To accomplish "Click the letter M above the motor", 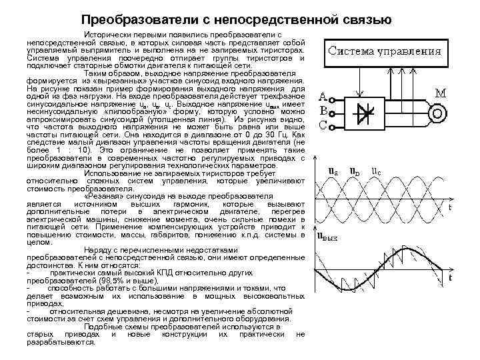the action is (440, 92).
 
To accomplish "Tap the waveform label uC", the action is (377, 171).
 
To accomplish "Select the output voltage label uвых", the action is (327, 235).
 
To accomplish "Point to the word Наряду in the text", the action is (100, 249).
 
